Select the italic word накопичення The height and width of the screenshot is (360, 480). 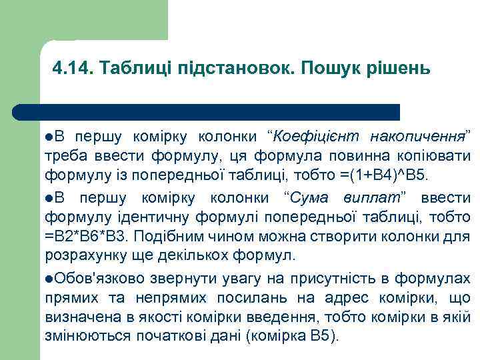tap(417, 137)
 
